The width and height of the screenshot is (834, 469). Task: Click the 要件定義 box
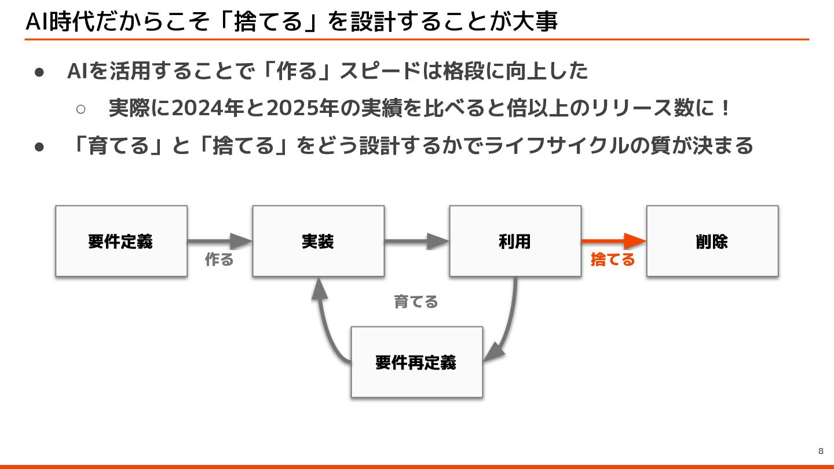[x=121, y=241]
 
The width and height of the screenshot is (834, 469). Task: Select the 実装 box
[x=318, y=241]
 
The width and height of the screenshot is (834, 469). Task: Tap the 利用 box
[x=515, y=241]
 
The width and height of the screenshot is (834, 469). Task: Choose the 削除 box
[x=712, y=241]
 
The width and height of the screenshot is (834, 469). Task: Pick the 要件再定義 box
[x=416, y=362]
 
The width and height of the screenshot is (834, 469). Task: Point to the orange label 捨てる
[x=613, y=260]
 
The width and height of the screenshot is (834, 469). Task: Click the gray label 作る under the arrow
[x=220, y=260]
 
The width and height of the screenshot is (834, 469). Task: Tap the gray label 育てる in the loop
[x=416, y=302]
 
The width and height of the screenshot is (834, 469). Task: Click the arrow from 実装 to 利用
[x=416, y=241]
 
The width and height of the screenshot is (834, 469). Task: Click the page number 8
[x=821, y=451]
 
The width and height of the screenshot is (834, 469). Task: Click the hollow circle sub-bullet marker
[x=81, y=109]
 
